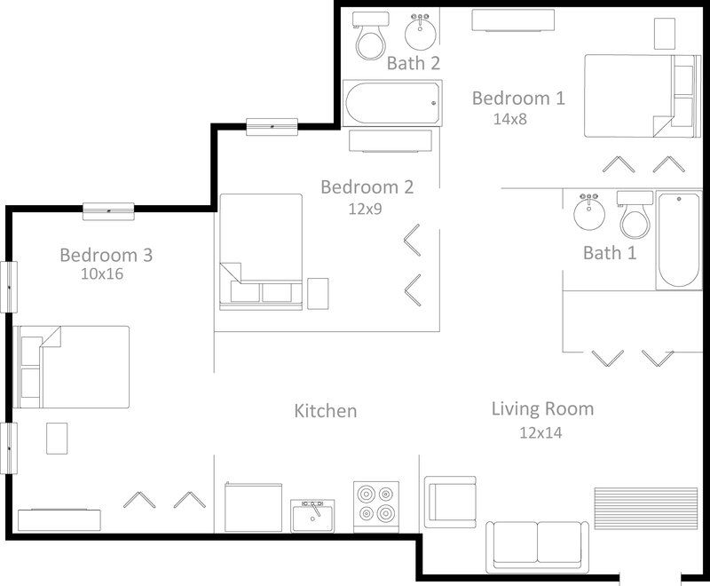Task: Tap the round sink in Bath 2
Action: coord(420,32)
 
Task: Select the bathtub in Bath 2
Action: coord(392,103)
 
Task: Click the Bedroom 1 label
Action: coord(518,99)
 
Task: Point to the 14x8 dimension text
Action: coord(509,119)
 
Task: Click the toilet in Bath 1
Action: coord(635,215)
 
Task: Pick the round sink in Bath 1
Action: coord(588,211)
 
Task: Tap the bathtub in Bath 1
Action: coord(679,240)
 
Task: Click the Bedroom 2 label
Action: coord(367,187)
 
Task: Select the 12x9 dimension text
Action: coord(365,209)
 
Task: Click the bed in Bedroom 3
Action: coord(71,367)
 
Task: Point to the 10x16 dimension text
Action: coord(102,274)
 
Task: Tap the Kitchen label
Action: coord(326,411)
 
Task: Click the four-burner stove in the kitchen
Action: coord(376,507)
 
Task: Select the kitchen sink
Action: coord(312,516)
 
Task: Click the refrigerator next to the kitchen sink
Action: coord(253,507)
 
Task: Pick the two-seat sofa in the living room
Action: coord(538,547)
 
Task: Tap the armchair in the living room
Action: coord(450,502)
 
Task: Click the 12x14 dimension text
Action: coord(540,433)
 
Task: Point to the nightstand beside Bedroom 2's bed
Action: coord(318,294)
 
